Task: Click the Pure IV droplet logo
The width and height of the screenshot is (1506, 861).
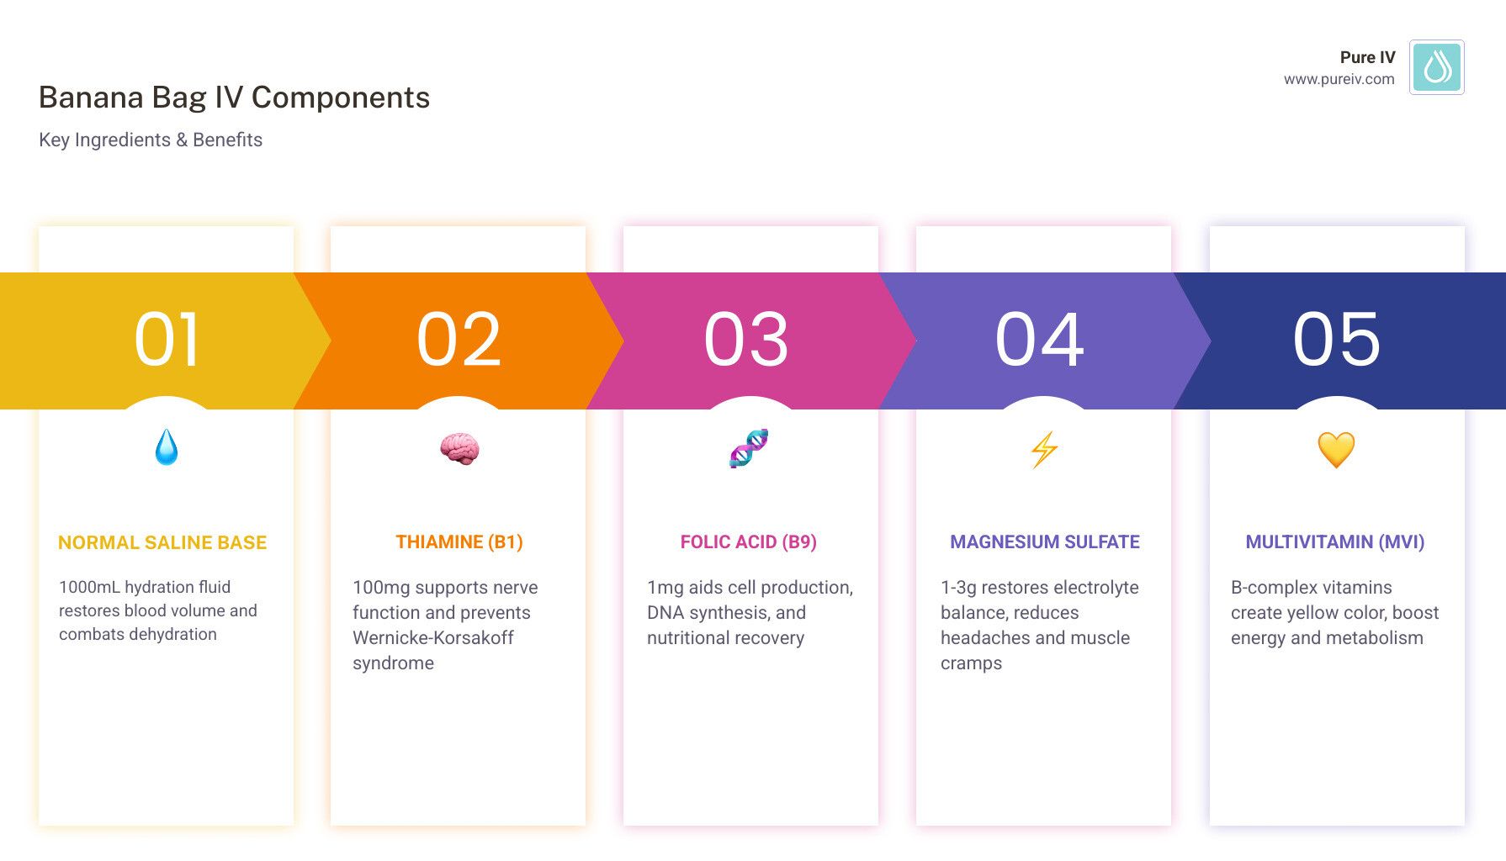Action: click(x=1436, y=67)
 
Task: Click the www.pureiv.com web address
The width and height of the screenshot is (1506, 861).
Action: click(x=1339, y=79)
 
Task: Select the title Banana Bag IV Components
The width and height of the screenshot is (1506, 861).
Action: click(x=234, y=98)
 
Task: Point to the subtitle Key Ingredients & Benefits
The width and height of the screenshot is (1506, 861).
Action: click(x=151, y=140)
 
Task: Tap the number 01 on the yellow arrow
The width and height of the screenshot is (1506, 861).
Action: click(x=167, y=340)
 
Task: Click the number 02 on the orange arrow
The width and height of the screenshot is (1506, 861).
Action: click(x=459, y=340)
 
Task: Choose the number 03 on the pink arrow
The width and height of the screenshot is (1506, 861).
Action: click(x=746, y=340)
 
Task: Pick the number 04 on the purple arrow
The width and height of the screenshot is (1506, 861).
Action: click(x=1040, y=340)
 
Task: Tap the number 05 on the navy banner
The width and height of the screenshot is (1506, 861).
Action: click(x=1336, y=340)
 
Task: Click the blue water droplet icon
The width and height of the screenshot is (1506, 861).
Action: click(x=167, y=447)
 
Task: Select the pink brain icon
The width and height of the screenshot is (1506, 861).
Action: click(x=459, y=448)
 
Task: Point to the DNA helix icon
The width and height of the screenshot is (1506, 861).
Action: click(x=749, y=448)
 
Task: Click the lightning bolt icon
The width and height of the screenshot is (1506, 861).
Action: click(x=1044, y=449)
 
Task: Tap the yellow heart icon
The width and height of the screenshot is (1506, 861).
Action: click(x=1336, y=450)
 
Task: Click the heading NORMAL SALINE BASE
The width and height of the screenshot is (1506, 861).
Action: click(x=162, y=543)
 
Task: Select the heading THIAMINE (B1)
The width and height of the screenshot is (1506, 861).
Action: click(x=459, y=542)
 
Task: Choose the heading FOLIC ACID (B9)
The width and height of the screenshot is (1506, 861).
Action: click(x=749, y=542)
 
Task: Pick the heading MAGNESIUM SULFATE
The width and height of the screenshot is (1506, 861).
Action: click(x=1045, y=542)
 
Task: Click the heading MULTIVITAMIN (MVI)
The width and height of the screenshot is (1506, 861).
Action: click(x=1335, y=542)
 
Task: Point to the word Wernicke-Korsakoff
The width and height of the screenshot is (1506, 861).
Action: click(x=433, y=638)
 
